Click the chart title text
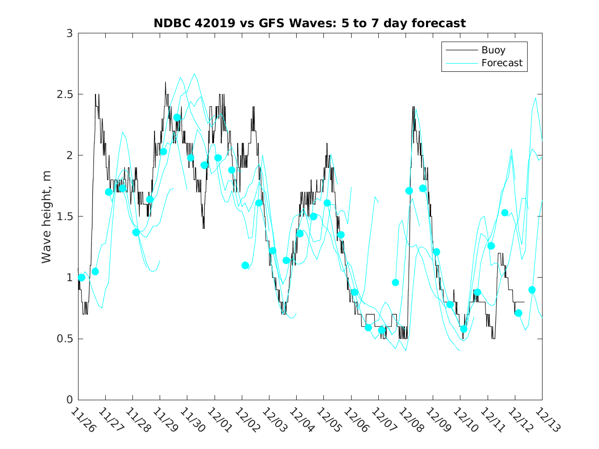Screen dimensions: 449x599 pyautogui.click(x=310, y=24)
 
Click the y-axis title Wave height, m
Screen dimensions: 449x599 pyautogui.click(x=47, y=216)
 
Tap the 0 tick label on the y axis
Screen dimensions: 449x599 pyautogui.click(x=69, y=400)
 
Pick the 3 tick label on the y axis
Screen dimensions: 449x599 pyautogui.click(x=69, y=33)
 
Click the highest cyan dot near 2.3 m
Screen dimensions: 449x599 pyautogui.click(x=177, y=118)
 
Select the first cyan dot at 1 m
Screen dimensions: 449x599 pyautogui.click(x=82, y=278)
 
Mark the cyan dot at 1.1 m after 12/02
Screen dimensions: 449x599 pyautogui.click(x=245, y=265)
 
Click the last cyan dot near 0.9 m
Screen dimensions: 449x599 pyautogui.click(x=532, y=290)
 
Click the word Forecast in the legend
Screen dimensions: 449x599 pyautogui.click(x=501, y=63)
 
